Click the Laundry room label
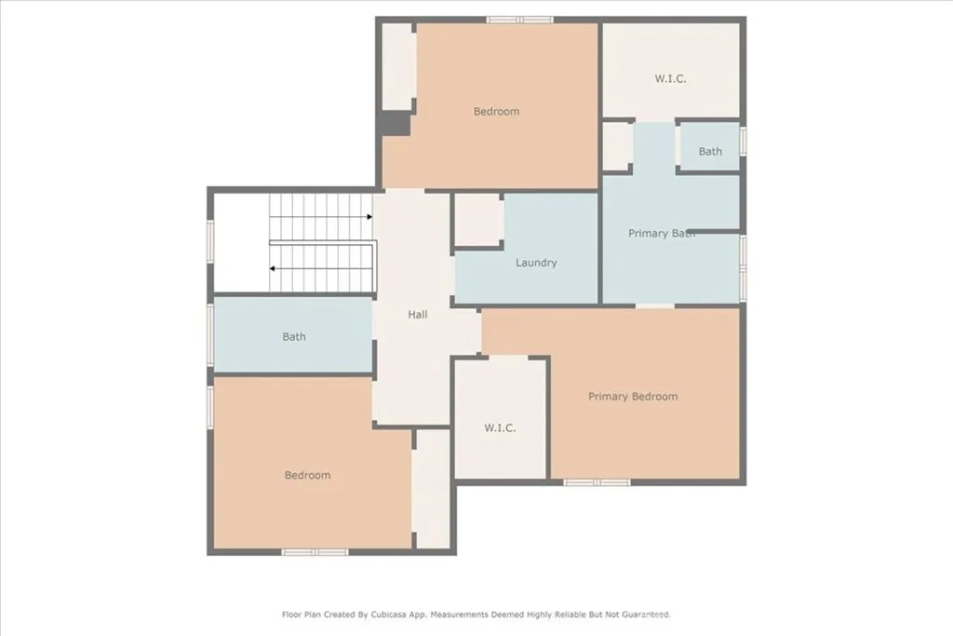point(536,263)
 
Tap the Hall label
point(418,315)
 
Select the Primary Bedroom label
point(633,397)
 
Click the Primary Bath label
point(662,233)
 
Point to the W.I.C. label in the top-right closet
point(670,79)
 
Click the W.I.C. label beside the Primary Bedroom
point(500,428)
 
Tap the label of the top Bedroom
point(496,112)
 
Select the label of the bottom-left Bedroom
point(307,475)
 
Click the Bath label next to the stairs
point(294,337)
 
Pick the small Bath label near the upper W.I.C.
point(710,152)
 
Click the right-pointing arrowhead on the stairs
point(369,217)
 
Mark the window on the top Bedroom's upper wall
point(519,20)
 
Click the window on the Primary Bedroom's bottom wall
point(597,482)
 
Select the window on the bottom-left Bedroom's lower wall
point(315,552)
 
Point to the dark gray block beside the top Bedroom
point(396,124)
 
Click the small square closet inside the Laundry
point(478,221)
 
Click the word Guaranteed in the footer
point(640,615)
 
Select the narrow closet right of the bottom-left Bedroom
point(433,488)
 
